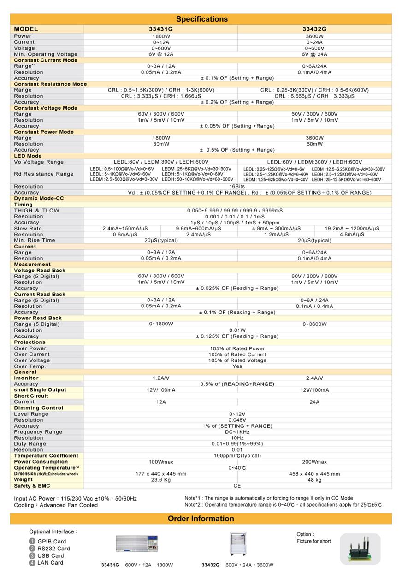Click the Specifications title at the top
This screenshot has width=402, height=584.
pos(201,19)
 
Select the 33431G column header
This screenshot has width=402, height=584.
pos(160,29)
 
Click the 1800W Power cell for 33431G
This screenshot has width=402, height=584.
pos(160,36)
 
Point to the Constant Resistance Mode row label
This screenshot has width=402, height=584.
pos(50,84)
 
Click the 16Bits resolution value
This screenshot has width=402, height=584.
pos(238,186)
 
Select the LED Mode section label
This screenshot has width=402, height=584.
pos(28,156)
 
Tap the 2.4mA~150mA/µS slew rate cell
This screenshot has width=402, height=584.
pos(122,228)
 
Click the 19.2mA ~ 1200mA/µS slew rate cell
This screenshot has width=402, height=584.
pos(352,228)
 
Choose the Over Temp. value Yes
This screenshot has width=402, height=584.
pos(237,366)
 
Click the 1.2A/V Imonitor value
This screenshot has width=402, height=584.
pos(160,378)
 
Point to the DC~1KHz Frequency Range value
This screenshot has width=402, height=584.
pos(237,432)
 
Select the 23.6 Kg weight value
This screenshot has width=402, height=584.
pos(161,480)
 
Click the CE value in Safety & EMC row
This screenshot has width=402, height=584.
pos(237,486)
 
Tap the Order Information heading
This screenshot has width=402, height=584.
pos(201,519)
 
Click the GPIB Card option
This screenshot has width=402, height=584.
pos(52,542)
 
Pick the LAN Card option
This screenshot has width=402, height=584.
pos(50,562)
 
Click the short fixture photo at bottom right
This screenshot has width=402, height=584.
pos(360,549)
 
